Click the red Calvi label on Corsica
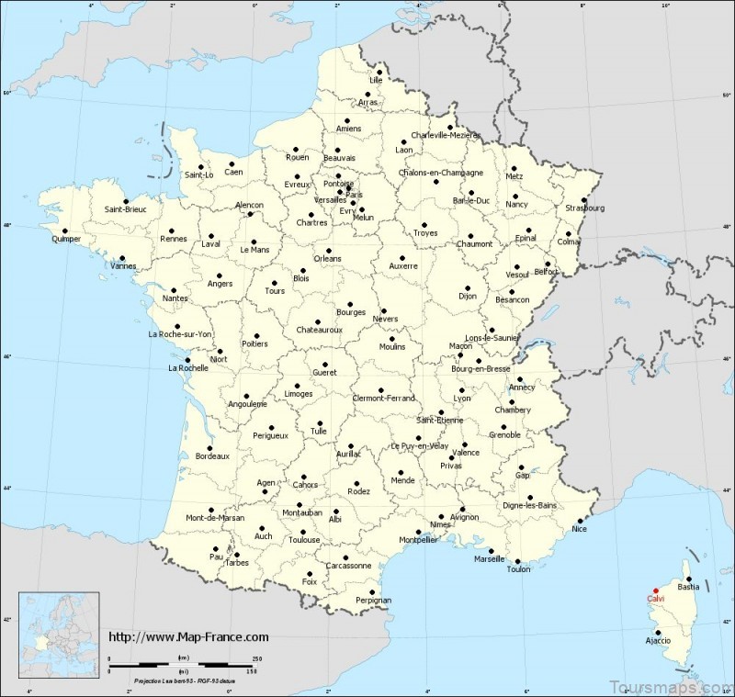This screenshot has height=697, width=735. pyautogui.click(x=657, y=600)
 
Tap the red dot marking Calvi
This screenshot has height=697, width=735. pyautogui.click(x=655, y=590)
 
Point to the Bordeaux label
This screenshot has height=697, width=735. pyautogui.click(x=211, y=455)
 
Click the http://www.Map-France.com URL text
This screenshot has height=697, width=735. pyautogui.click(x=188, y=636)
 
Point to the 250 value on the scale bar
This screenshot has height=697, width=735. pyautogui.click(x=258, y=659)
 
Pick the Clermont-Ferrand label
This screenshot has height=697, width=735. pyautogui.click(x=384, y=398)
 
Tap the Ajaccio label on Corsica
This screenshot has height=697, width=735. pyautogui.click(x=657, y=639)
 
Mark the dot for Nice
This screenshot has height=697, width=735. pyautogui.click(x=581, y=520)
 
